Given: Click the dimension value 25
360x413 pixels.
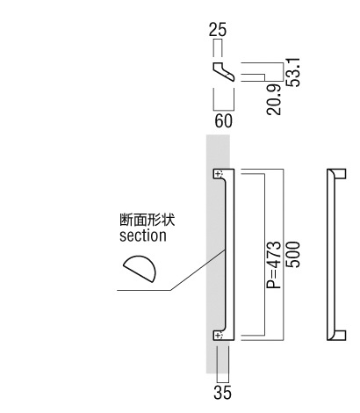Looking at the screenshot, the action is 218,30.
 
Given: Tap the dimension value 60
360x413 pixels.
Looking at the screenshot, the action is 224,120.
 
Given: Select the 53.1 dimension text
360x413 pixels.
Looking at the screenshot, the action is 293,72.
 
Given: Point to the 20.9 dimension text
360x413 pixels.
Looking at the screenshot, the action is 274,100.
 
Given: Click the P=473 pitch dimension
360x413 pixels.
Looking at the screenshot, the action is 274,264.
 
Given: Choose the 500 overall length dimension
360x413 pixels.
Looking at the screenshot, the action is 293,255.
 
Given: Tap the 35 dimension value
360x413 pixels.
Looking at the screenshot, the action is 222,393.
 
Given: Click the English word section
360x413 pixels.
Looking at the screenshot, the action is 143,235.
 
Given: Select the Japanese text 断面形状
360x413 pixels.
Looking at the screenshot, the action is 147,220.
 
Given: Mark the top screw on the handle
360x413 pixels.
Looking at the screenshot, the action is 219,175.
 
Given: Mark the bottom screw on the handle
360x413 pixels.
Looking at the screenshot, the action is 219,335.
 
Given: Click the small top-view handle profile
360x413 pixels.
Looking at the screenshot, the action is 224,71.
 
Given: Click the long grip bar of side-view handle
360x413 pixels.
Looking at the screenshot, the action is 331,255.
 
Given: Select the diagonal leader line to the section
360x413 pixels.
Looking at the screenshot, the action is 198,270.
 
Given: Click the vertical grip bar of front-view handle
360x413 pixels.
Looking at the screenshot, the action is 230,255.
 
